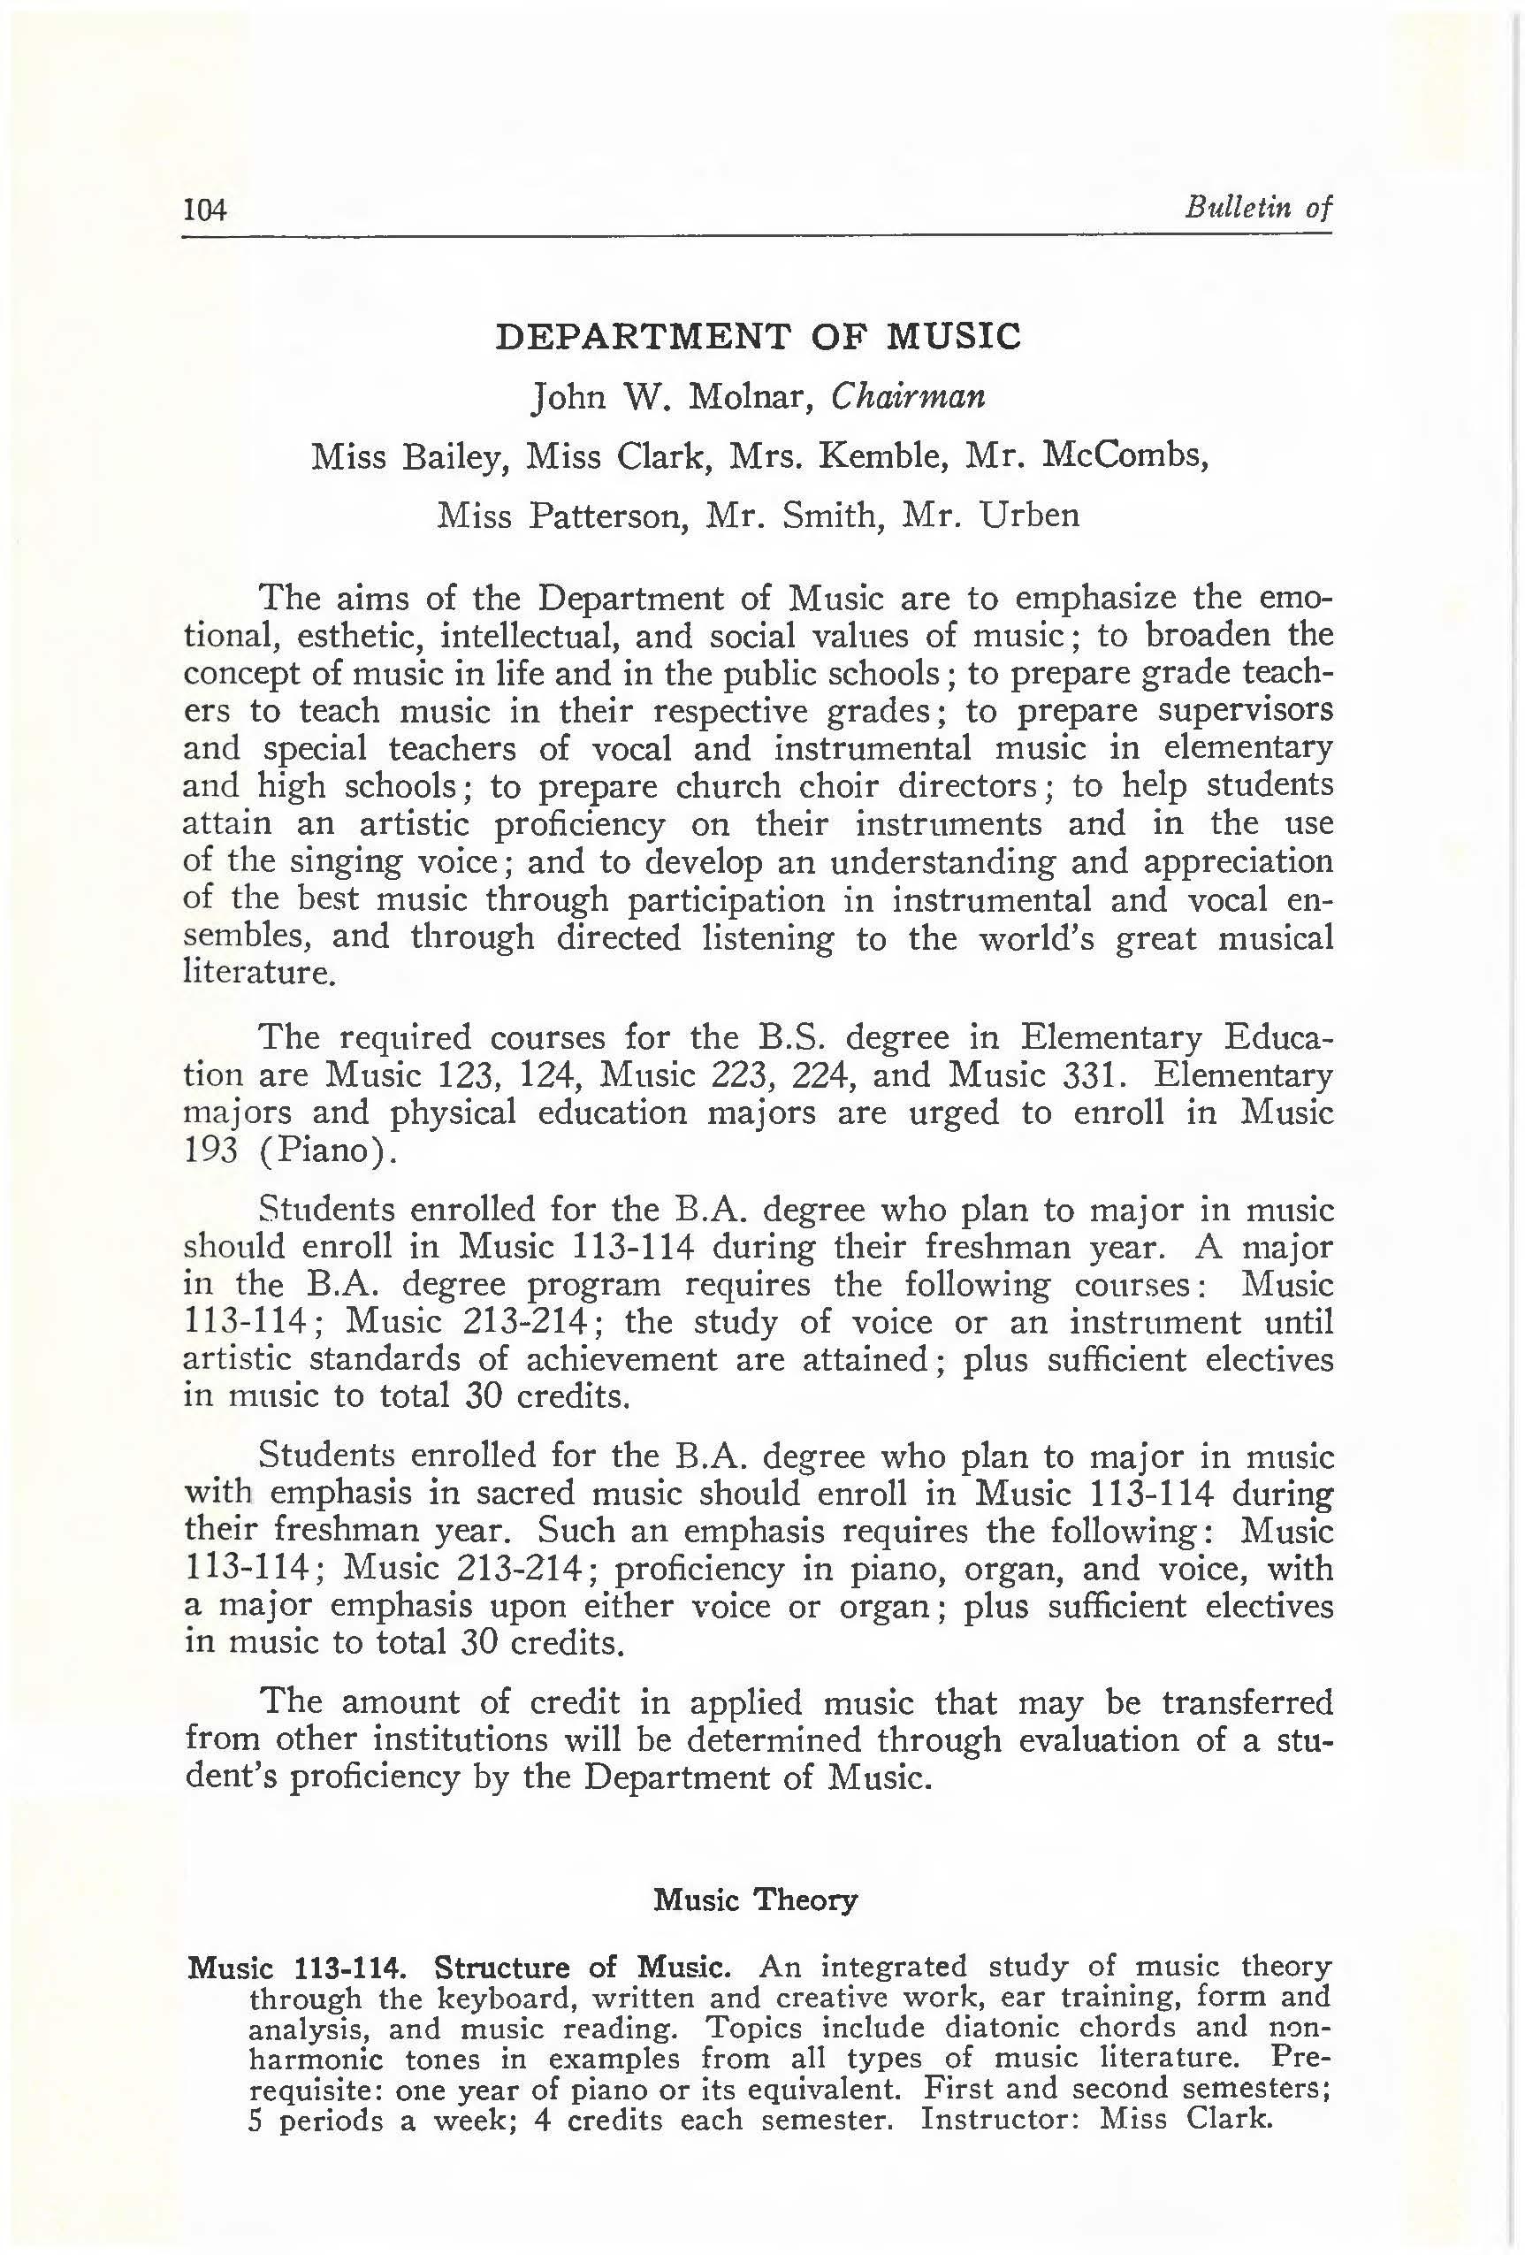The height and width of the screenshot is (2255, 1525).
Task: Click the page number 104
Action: tap(205, 209)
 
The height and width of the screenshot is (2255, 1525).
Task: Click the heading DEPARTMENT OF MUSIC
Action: tap(759, 336)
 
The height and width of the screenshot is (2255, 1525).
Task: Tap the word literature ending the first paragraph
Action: tap(258, 972)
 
